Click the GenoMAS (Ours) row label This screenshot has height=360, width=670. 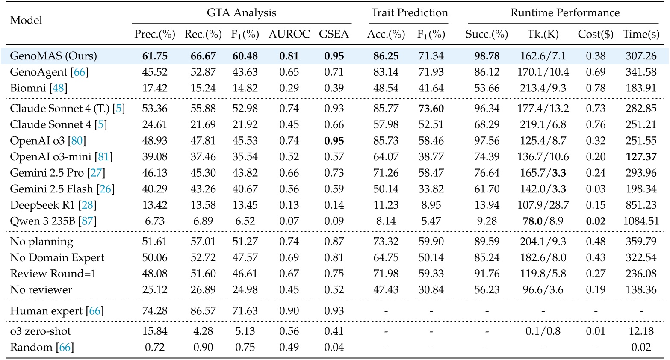tap(53, 56)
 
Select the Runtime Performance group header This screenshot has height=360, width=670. tap(564, 13)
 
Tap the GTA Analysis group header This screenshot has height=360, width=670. tap(242, 13)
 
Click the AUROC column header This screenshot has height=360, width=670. tap(289, 35)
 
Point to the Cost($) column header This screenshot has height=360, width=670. tap(596, 35)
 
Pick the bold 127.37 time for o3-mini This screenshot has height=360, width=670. tap(641, 157)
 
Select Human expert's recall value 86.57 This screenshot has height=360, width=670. tap(203, 311)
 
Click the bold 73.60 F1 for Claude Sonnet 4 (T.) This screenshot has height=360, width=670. tap(431, 109)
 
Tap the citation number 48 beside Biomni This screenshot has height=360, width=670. tap(59, 88)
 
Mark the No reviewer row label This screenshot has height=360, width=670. tap(41, 290)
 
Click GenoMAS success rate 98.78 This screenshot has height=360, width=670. tap(487, 56)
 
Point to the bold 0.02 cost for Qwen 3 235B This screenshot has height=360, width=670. tap(596, 221)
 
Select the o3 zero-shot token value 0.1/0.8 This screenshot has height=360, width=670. tap(543, 331)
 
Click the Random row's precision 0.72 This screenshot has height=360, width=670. tap(155, 347)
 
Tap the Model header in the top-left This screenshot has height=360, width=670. tap(26, 20)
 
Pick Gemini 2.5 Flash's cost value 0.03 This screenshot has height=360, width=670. tap(596, 189)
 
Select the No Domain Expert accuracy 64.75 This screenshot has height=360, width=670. tap(386, 258)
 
